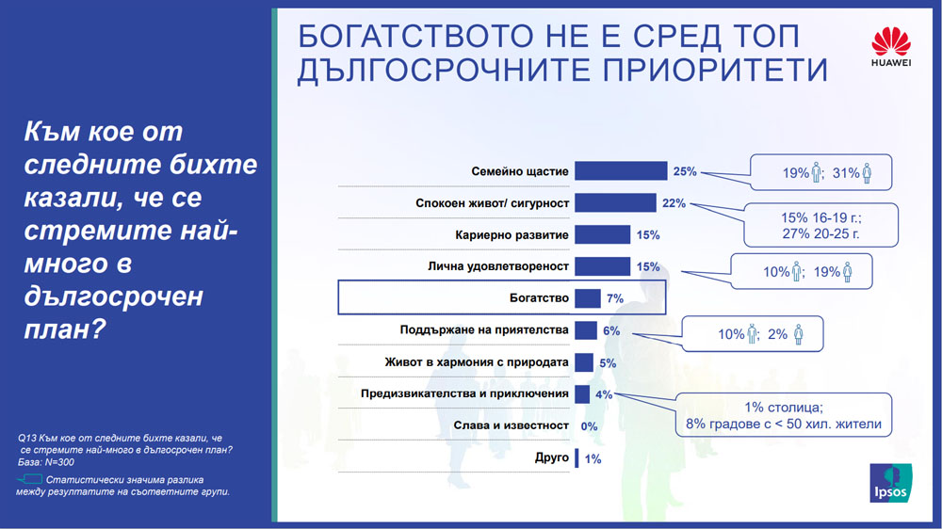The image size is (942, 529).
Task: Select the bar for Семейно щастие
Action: (621, 171)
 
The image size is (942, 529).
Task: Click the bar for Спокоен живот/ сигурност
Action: (615, 202)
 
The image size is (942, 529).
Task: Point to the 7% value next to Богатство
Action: (615, 298)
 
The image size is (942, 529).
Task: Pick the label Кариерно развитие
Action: (522, 234)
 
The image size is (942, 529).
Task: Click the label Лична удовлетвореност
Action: (504, 266)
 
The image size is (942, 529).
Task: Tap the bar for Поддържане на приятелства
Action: (585, 330)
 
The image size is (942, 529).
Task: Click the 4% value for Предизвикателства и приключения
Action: (605, 394)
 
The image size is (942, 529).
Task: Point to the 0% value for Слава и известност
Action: (590, 425)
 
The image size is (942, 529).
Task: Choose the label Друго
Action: (552, 457)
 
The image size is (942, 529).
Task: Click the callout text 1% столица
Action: (783, 407)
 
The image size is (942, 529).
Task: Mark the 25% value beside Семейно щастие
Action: (685, 171)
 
